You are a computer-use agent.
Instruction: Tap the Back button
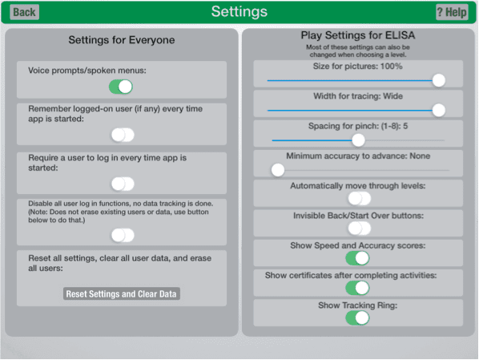point(25,12)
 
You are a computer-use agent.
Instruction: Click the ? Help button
point(452,12)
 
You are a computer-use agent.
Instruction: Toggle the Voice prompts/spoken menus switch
point(121,87)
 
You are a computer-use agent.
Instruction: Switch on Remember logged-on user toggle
point(123,135)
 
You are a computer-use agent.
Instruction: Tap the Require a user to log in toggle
point(123,184)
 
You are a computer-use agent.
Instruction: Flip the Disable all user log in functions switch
point(123,235)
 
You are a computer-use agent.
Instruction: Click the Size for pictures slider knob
point(439,80)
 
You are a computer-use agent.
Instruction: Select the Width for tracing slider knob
point(439,110)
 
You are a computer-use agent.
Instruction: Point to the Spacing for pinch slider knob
point(358,140)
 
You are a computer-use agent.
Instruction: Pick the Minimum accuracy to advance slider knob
point(278,170)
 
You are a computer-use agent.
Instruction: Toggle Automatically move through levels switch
point(360,199)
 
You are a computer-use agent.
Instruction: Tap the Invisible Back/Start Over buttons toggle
point(360,229)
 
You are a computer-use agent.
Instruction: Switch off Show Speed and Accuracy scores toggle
point(357,258)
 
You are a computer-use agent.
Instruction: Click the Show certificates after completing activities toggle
point(357,288)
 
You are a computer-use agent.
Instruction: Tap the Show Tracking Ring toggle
point(357,318)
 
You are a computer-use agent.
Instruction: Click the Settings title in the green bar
point(239,12)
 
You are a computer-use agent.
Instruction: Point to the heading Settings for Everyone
point(122,40)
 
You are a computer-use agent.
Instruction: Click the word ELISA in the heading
point(400,35)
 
